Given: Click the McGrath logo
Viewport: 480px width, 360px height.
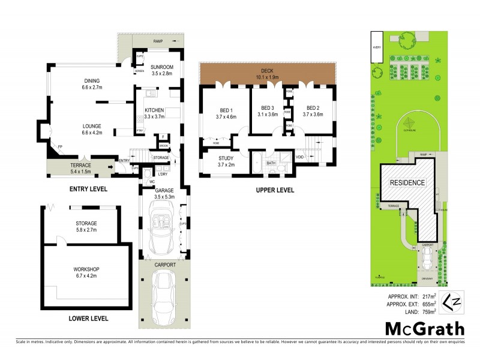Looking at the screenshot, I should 424,328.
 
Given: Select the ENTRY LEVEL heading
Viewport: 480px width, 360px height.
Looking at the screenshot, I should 88,188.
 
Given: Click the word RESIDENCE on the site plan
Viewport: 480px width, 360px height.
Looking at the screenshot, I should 407,182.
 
